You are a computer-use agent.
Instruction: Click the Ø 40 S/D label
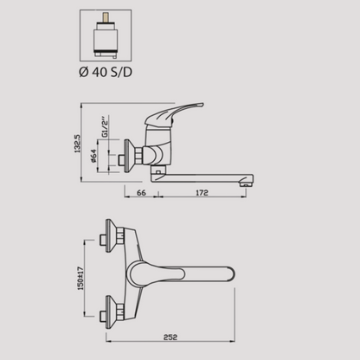click(106, 72)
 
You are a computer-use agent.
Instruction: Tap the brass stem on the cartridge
click(106, 17)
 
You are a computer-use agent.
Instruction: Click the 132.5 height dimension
click(78, 144)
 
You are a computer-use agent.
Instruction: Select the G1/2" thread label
click(106, 126)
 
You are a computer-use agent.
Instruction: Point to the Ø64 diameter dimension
click(93, 156)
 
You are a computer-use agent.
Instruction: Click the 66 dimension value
click(141, 192)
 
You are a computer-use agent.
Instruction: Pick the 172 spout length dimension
click(202, 192)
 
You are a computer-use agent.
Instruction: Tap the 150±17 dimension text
click(81, 278)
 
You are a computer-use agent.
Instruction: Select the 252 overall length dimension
click(170, 337)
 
